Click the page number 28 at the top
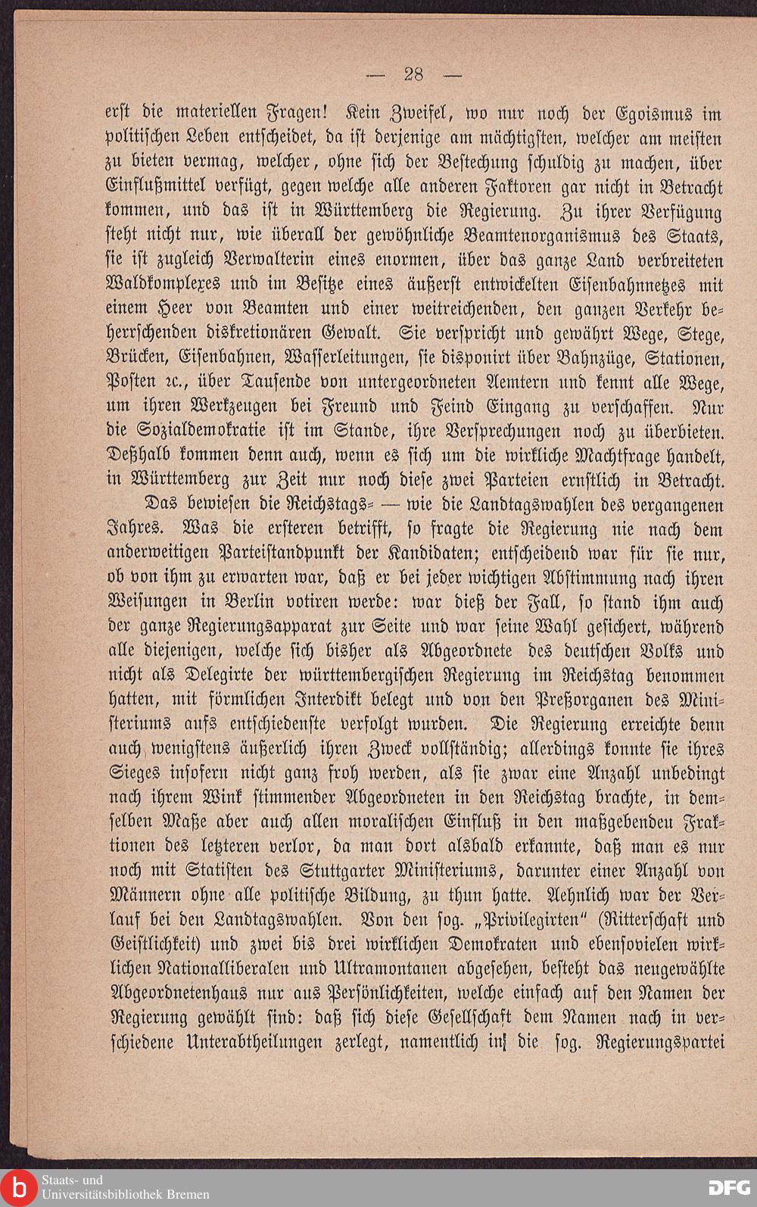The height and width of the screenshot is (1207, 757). [413, 74]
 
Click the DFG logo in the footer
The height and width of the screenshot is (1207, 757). [727, 1187]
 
